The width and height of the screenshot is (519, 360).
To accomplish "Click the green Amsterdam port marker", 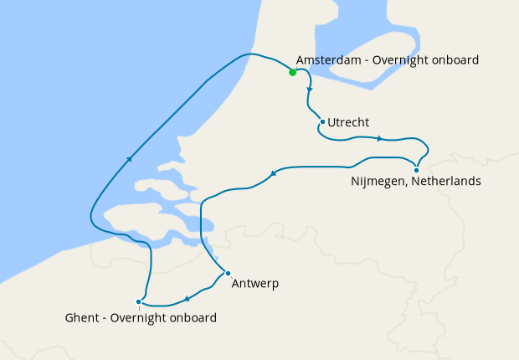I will click(x=292, y=72).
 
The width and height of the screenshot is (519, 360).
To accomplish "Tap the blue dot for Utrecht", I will click(x=322, y=122).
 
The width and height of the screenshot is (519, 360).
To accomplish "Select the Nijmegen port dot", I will click(x=416, y=171).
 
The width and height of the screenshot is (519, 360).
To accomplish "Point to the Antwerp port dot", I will click(x=228, y=273).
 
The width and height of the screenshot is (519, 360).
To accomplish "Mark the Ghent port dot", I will click(x=138, y=301).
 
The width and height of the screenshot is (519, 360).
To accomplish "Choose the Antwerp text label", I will click(x=255, y=284).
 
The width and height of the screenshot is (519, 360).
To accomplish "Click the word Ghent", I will click(x=80, y=318).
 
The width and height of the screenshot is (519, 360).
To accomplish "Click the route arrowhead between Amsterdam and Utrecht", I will click(x=311, y=89).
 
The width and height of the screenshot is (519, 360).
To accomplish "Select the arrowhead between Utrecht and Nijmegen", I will click(x=380, y=138).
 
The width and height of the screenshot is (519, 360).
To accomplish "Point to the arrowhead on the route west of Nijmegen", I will click(x=273, y=174).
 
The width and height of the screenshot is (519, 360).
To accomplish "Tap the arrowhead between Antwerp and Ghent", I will click(x=187, y=299).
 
